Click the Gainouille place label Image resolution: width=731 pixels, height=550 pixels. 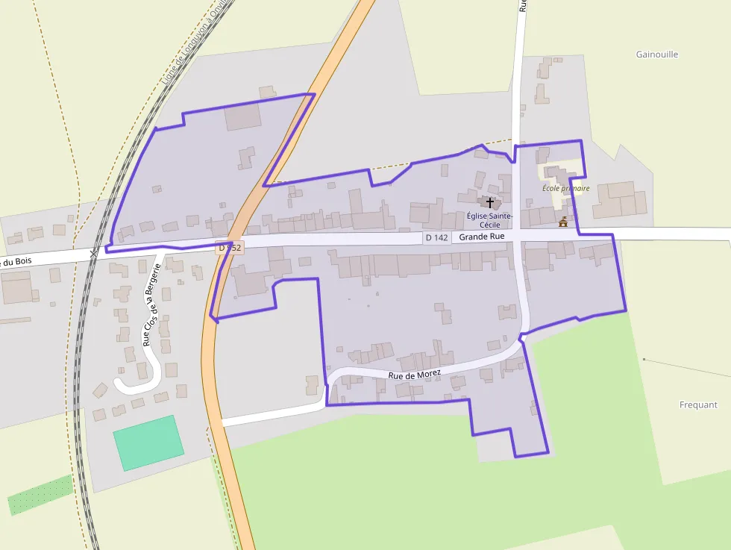pyautogui.click(x=657, y=54)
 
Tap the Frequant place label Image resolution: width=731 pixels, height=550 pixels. pyautogui.click(x=698, y=405)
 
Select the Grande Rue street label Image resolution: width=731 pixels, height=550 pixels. pyautogui.click(x=481, y=237)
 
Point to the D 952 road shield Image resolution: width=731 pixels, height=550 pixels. pyautogui.click(x=230, y=247)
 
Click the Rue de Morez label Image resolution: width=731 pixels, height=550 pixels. pyautogui.click(x=414, y=374)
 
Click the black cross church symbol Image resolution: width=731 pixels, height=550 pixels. pyautogui.click(x=490, y=202)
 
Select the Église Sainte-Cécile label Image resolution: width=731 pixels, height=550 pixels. pyautogui.click(x=489, y=220)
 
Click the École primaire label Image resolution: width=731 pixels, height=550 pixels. pyautogui.click(x=566, y=189)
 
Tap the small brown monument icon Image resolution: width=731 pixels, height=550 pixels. pyautogui.click(x=562, y=222)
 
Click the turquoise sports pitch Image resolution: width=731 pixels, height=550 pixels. pyautogui.click(x=148, y=443)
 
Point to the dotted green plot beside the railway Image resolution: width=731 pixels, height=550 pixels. pyautogui.click(x=40, y=495)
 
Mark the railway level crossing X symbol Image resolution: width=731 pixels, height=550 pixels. pyautogui.click(x=93, y=254)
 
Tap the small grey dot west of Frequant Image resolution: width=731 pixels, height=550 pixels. pyautogui.click(x=644, y=360)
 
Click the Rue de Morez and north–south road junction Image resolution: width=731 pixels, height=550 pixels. pyautogui.click(x=523, y=337)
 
